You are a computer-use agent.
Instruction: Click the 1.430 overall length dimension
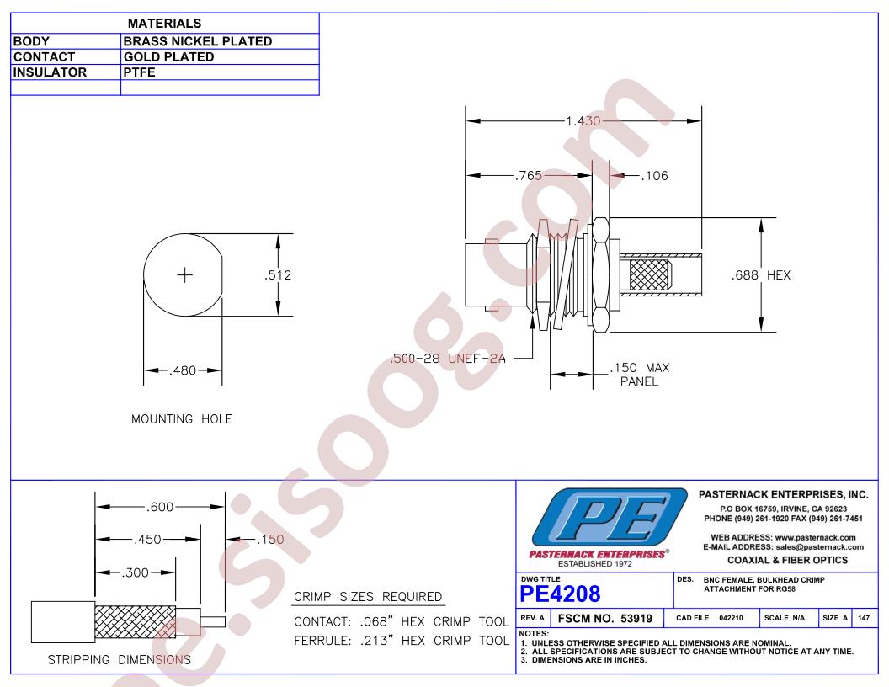pos(583,120)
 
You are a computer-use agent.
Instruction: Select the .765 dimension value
pos(529,176)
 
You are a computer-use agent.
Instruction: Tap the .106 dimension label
pos(654,176)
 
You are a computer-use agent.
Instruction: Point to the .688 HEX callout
pos(761,275)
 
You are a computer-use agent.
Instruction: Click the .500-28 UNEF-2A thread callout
pos(448,359)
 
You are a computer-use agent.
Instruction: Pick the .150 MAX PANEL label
pos(640,374)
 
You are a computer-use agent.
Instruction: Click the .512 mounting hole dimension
pos(278,275)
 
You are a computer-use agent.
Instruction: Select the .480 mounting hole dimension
pos(183,370)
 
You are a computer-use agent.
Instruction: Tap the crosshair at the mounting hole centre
pos(185,275)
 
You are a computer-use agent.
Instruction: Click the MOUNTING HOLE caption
pos(182,419)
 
